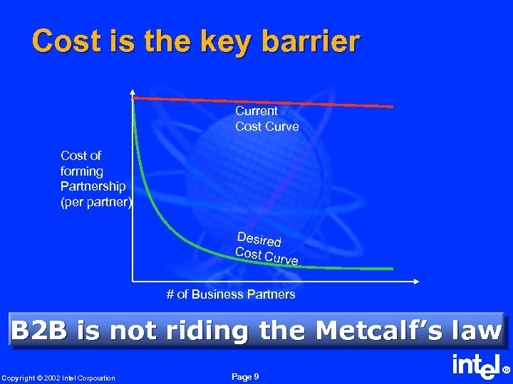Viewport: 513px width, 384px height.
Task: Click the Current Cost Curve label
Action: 267,119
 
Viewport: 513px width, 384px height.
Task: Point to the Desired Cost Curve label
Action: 267,248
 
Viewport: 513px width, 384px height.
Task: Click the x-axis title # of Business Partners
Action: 231,294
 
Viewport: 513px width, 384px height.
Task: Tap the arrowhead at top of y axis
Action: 133,92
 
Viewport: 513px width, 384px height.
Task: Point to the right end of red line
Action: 392,106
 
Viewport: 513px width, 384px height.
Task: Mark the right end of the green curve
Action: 391,269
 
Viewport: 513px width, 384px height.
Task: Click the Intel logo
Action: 476,368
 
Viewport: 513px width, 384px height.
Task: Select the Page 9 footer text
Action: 246,377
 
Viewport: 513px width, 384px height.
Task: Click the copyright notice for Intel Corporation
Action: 58,378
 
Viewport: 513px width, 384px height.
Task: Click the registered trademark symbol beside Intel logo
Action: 507,370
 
